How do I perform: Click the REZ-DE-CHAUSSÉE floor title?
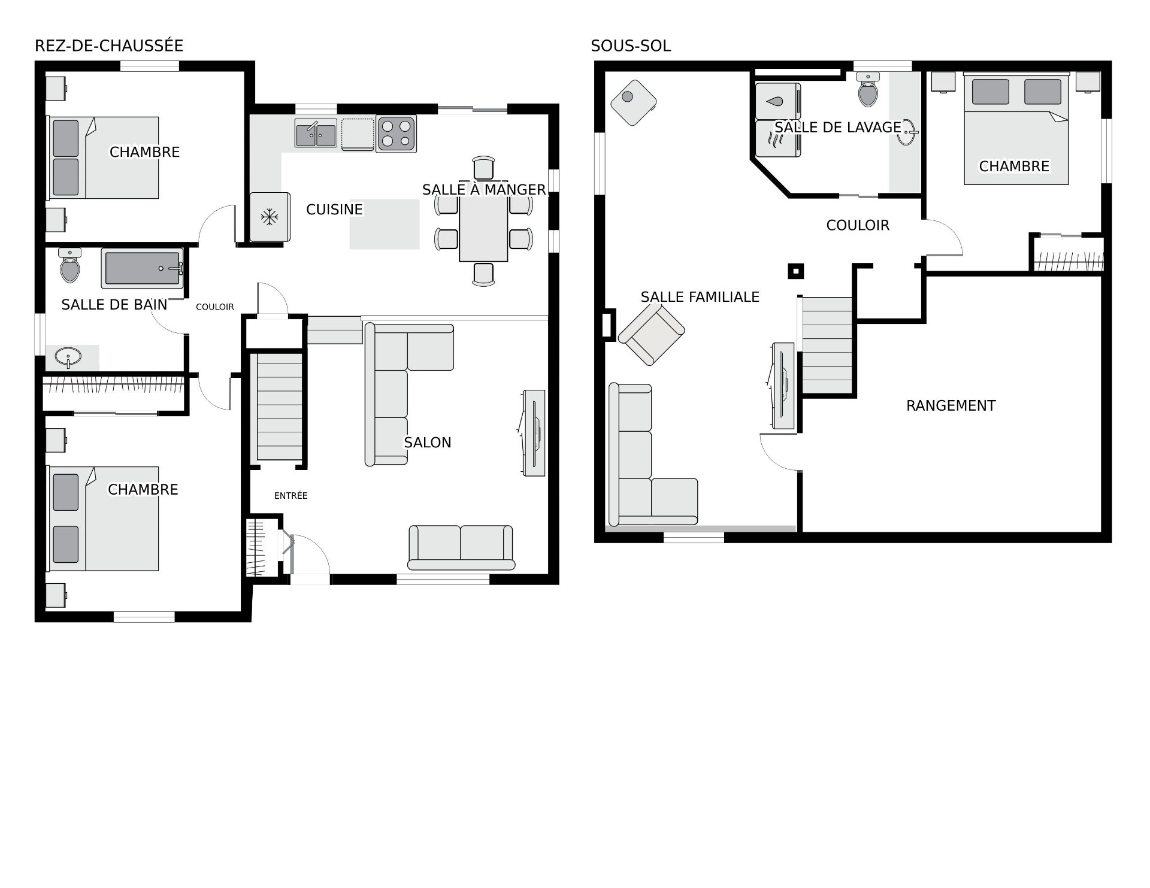[109, 46]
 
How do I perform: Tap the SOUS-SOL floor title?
[631, 46]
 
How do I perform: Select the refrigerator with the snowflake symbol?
[270, 217]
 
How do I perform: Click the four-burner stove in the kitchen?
[396, 134]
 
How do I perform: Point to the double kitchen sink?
[316, 133]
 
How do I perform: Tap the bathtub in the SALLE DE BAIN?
[142, 269]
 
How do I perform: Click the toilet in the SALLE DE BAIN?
[70, 265]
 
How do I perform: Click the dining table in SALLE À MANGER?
[483, 229]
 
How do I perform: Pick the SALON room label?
[428, 443]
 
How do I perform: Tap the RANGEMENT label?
[951, 406]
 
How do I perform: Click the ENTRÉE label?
[291, 496]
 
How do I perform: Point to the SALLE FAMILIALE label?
[700, 297]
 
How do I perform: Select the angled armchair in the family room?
[651, 334]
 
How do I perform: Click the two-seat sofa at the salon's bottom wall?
[461, 547]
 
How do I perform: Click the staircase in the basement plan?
[827, 345]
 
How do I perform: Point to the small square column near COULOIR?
[795, 272]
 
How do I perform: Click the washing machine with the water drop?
[778, 101]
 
